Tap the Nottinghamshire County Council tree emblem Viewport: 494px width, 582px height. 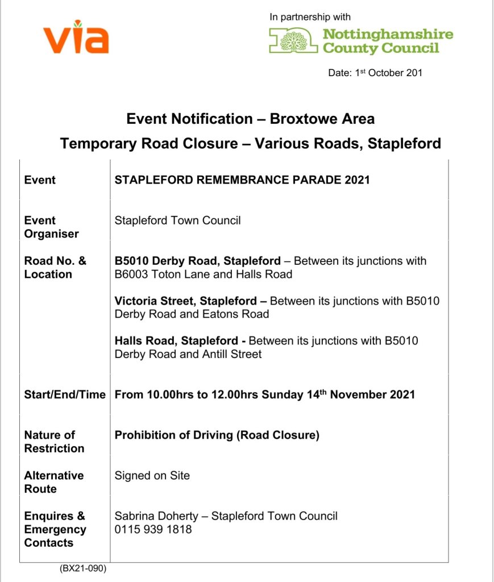click(293, 41)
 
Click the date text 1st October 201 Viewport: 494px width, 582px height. click(375, 73)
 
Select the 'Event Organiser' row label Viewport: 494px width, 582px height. click(51, 227)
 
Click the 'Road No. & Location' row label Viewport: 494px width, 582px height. click(55, 268)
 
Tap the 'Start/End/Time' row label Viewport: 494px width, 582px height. click(64, 394)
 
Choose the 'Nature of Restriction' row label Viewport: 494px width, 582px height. click(54, 442)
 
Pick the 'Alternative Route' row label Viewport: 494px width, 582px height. click(53, 482)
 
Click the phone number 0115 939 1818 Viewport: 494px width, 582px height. click(153, 529)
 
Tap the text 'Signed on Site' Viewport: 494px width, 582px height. click(152, 475)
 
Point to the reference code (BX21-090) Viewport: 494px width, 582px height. click(83, 568)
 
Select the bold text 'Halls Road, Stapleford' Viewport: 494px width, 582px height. click(176, 341)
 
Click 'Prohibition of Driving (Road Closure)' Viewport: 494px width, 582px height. click(217, 435)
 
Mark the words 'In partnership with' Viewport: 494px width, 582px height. click(310, 17)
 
